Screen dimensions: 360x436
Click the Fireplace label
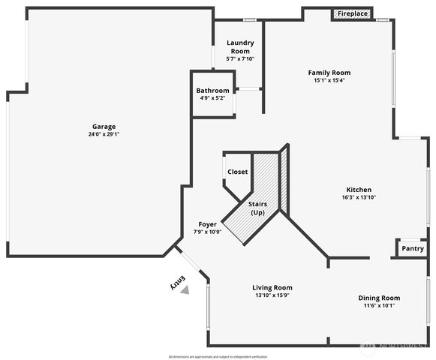(x=352, y=13)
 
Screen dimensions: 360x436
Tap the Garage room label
(x=104, y=126)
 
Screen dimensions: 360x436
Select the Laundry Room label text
(x=240, y=46)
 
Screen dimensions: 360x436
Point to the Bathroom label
(x=212, y=91)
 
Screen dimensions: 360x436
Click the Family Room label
(x=329, y=73)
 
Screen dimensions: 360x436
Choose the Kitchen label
(x=359, y=189)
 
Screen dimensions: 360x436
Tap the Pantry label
(x=413, y=248)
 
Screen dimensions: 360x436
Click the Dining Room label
(x=379, y=298)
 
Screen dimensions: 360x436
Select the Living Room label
(x=272, y=287)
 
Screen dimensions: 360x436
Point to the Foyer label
(x=208, y=224)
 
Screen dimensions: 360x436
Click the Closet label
(x=237, y=172)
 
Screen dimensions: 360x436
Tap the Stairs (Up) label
(x=257, y=208)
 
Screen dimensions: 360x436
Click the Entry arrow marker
(x=185, y=289)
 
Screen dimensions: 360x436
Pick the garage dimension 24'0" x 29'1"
(x=104, y=134)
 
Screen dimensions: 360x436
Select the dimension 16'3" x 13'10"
(x=359, y=197)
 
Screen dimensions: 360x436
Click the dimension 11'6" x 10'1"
(x=379, y=305)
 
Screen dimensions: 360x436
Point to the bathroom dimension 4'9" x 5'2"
(x=212, y=98)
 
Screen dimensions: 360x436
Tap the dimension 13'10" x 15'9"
(x=272, y=295)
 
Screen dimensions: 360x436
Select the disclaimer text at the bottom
(x=218, y=356)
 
